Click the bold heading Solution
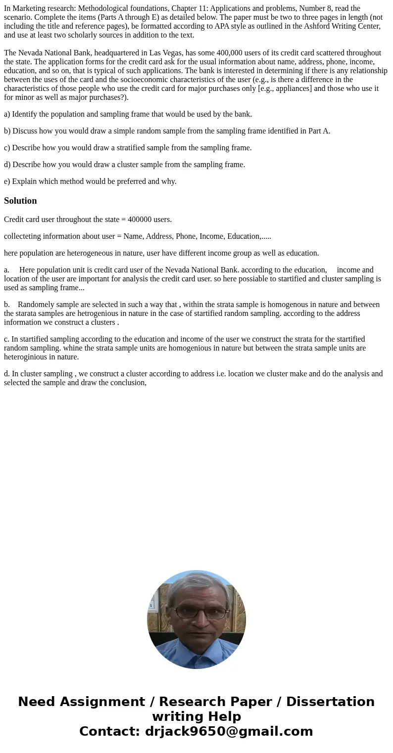(x=20, y=201)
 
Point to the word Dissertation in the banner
(x=330, y=702)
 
